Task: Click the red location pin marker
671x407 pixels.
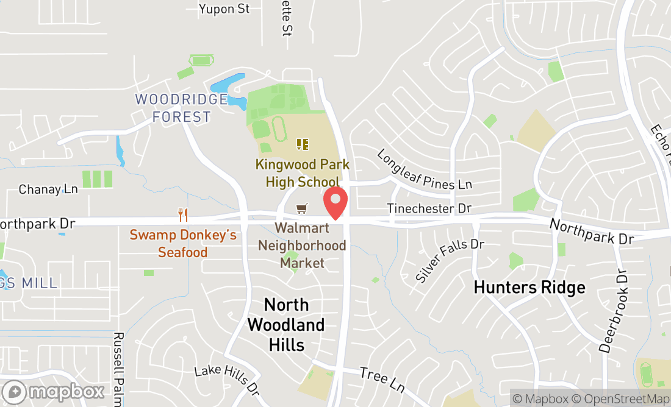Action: point(335,203)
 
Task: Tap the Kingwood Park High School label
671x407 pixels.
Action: point(303,173)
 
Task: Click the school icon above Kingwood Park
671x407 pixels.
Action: point(303,144)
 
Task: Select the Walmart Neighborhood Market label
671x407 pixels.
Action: point(302,246)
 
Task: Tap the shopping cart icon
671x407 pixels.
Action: point(301,209)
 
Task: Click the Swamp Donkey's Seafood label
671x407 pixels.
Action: point(183,244)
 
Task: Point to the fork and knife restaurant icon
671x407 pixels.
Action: point(182,214)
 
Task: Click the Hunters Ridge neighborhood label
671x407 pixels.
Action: point(529,287)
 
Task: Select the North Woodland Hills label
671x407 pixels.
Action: point(286,324)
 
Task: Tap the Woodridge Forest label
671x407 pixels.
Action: point(173,108)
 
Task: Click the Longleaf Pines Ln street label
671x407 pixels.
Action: point(425,169)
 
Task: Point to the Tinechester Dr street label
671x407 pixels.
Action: point(429,208)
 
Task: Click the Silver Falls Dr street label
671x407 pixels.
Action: point(450,260)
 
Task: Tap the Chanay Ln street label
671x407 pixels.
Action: point(48,189)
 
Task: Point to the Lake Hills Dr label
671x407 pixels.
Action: point(226,378)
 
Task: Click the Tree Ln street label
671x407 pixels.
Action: point(382,379)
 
